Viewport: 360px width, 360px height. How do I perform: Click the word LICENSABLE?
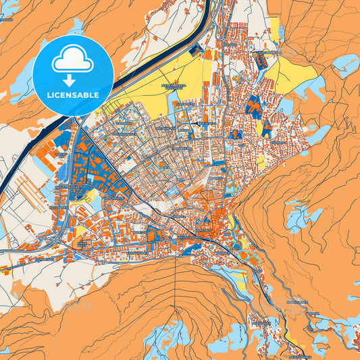73,95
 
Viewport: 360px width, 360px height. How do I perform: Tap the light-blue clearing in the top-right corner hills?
344,64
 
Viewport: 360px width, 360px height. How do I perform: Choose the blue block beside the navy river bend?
196,51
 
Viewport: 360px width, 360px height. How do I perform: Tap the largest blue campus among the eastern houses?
255,106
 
